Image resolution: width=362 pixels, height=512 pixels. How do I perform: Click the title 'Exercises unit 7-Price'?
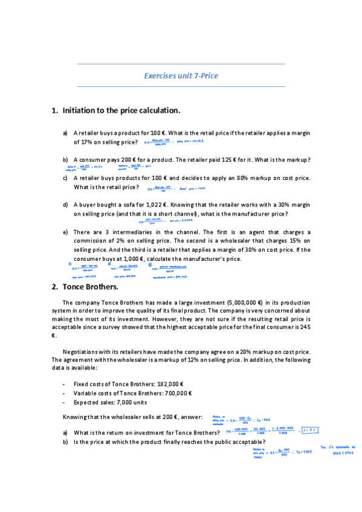[181, 76]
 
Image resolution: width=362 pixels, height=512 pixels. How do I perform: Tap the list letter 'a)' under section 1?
[65, 133]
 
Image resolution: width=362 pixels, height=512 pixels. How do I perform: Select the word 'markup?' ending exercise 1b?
[298, 159]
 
